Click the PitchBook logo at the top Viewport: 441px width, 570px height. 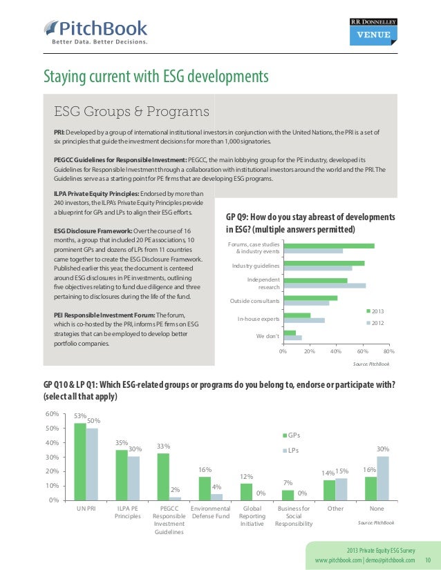(x=96, y=30)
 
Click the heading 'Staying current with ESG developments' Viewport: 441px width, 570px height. (x=156, y=75)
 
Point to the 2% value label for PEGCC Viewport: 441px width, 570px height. (x=175, y=490)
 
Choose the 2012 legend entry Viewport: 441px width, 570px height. (x=377, y=322)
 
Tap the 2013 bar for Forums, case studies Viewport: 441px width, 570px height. (x=328, y=245)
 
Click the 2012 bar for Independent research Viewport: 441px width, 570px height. (x=324, y=285)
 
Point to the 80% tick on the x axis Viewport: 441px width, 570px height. (x=388, y=351)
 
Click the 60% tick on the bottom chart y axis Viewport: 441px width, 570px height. (x=50, y=414)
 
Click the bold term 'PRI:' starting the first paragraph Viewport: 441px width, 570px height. (x=61, y=131)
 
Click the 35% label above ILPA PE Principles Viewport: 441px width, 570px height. (x=122, y=443)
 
